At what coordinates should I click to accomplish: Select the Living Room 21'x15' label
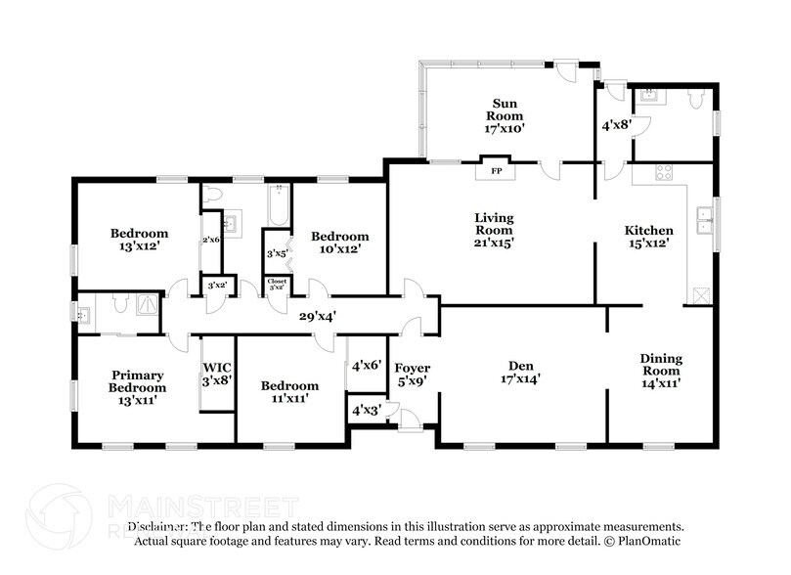[494, 230]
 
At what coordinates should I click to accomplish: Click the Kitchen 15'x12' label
[648, 237]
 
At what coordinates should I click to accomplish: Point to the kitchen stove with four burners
[662, 173]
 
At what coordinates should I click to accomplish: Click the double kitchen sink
[703, 222]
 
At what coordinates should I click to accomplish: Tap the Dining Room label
[660, 371]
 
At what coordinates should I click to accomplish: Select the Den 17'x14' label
[521, 371]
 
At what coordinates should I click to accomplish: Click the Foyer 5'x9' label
[412, 375]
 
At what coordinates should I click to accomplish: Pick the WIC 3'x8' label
[216, 375]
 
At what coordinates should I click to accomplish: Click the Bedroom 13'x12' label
[139, 241]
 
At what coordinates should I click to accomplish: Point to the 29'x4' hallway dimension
[318, 316]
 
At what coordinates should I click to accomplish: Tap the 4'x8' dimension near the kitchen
[614, 125]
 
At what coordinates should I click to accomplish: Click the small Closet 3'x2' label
[278, 285]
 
